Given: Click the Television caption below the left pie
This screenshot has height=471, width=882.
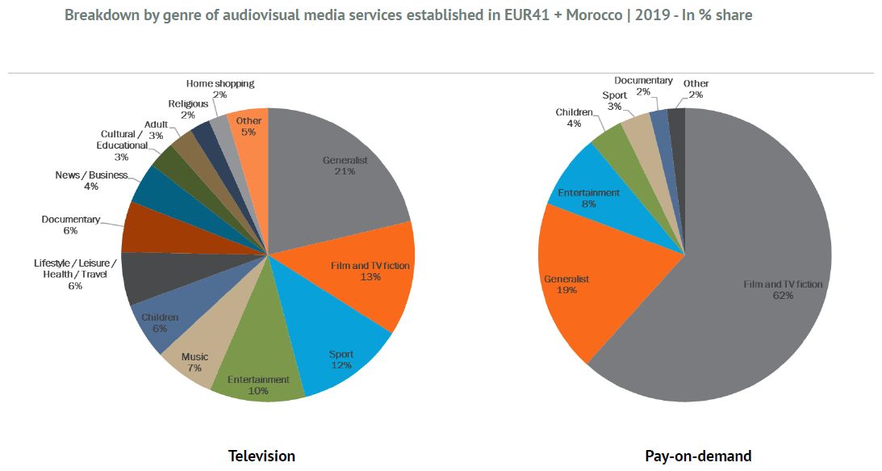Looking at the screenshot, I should pyautogui.click(x=261, y=456).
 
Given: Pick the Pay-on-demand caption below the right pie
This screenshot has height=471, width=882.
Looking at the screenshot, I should pyautogui.click(x=698, y=456).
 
